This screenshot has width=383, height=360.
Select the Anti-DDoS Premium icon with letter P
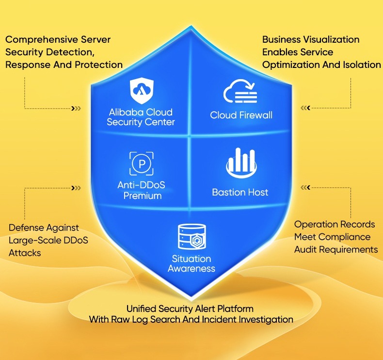(141, 164)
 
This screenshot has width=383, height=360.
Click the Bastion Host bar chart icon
(240, 163)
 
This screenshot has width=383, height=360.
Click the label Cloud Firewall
(241, 115)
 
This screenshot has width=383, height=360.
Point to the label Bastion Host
(240, 192)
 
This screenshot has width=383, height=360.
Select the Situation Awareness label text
(191, 263)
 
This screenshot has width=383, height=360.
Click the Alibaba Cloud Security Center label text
(141, 117)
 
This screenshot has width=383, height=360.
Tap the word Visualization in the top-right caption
(332, 39)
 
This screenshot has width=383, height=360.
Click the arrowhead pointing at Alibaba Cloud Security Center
(76, 108)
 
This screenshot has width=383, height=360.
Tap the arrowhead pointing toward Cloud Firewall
(305, 108)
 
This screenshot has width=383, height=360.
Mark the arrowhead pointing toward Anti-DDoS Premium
(76, 188)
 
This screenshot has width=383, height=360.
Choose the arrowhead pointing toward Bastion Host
(305, 187)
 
